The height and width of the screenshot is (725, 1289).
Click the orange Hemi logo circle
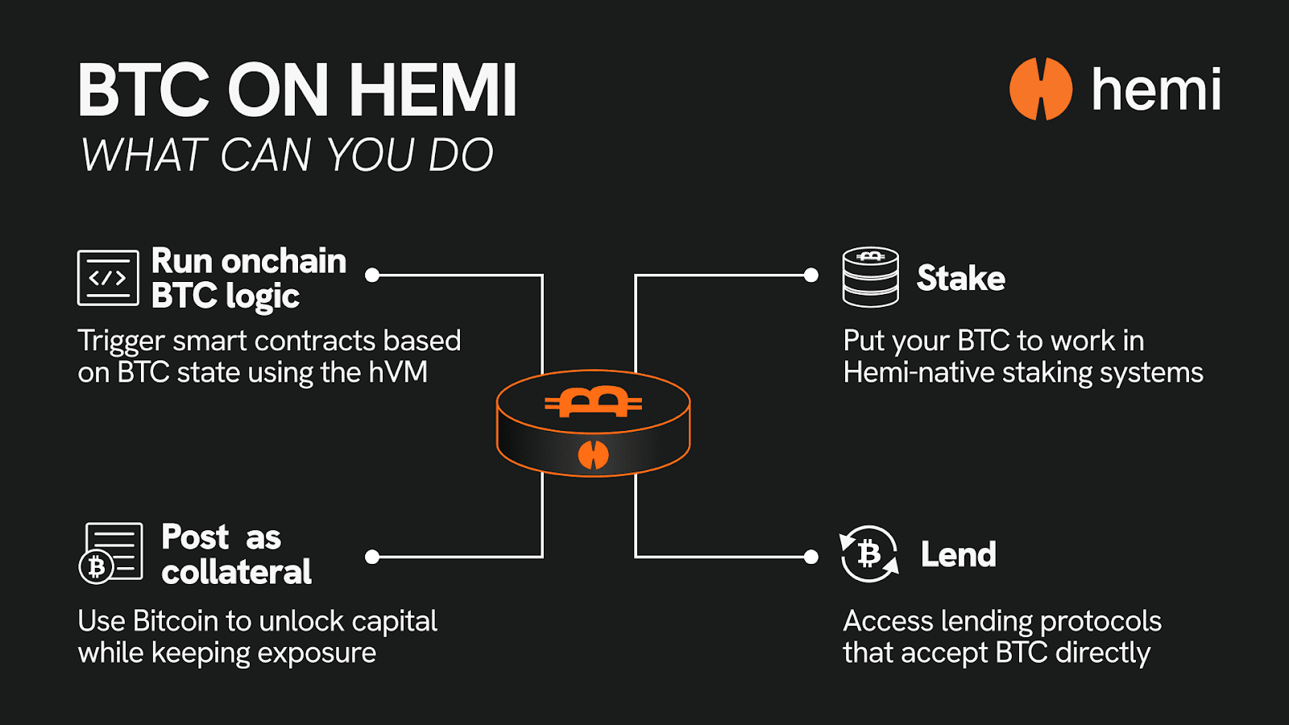pos(1040,89)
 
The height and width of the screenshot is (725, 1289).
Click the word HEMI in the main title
pos(433,90)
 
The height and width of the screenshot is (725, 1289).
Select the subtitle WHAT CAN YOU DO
pos(287,155)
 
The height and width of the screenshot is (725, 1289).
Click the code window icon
pos(108,278)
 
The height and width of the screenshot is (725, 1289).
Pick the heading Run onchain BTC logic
pos(249,278)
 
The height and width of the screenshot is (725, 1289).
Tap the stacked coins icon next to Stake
pos(870,277)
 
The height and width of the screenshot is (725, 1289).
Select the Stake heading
pos(960,279)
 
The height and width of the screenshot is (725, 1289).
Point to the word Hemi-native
pos(910,373)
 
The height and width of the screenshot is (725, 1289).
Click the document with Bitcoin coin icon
pos(111,553)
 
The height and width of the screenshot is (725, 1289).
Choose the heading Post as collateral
pos(236,554)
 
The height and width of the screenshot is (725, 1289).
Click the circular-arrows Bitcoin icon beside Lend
pos(868,553)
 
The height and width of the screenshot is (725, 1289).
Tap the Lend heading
pos(958,554)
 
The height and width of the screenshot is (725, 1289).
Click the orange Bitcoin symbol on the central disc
pos(593,401)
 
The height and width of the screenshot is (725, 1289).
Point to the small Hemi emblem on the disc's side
pos(593,455)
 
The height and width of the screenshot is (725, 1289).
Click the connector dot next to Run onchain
pos(372,275)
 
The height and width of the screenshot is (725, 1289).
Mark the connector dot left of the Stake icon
pos(811,275)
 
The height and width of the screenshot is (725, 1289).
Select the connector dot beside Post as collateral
pos(372,557)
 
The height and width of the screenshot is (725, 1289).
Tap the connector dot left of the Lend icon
pos(811,557)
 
